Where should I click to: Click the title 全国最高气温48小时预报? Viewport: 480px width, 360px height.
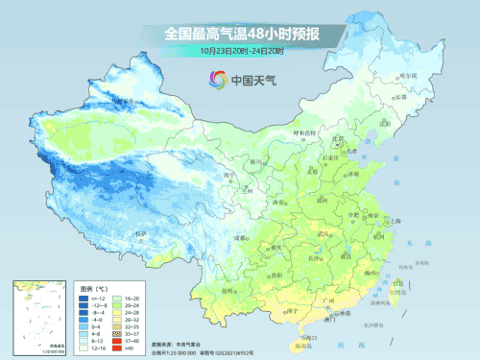click(241, 34)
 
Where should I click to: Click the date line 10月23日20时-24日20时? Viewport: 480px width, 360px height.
click(241, 51)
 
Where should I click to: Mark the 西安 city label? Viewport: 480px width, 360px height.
click(279, 203)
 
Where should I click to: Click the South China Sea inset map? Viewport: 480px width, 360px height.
click(38, 313)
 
